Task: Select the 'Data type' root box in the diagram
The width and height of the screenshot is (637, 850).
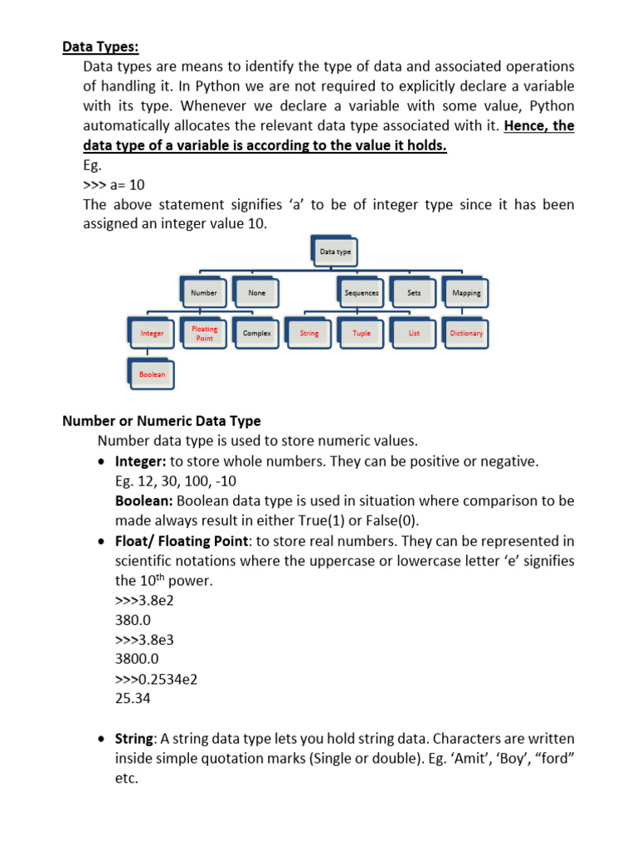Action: coord(336,252)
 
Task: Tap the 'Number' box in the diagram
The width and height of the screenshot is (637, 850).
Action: coord(203,293)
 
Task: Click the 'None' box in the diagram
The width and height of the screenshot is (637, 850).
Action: coord(257,293)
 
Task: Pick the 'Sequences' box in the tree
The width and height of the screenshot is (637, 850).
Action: coord(362,293)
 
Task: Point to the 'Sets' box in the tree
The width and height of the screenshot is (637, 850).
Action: coord(414,293)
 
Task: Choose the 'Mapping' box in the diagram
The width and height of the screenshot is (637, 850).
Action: coord(466,293)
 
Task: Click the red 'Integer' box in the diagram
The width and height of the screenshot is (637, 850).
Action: coord(152,334)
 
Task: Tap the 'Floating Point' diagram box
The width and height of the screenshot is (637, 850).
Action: coord(204,334)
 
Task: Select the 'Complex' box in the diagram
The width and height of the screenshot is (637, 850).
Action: coord(257,334)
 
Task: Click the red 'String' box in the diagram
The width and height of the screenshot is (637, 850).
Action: coord(309,334)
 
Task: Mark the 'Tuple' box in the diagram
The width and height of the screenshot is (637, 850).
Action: coord(362,334)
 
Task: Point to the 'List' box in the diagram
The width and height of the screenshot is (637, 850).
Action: coord(414,334)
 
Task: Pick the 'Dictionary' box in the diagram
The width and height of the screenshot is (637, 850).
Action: coord(466,334)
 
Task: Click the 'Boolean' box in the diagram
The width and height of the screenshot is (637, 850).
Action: coord(152,374)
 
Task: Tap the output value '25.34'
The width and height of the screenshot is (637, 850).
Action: coord(133,699)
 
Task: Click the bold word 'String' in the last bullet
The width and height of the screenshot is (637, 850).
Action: coord(134,739)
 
